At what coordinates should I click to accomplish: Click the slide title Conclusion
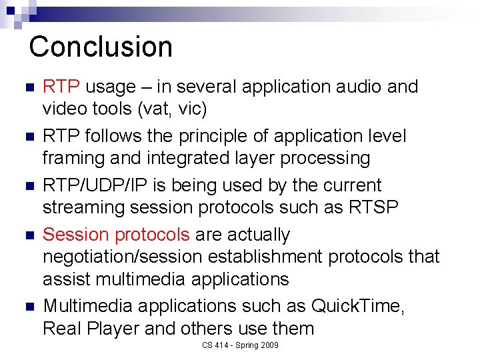pyautogui.click(x=101, y=47)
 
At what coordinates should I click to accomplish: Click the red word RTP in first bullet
pyautogui.click(x=61, y=87)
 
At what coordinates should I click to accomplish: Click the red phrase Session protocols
pyautogui.click(x=117, y=235)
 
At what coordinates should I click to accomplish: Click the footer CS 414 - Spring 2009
pyautogui.click(x=240, y=345)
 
